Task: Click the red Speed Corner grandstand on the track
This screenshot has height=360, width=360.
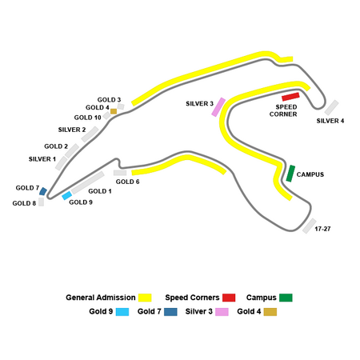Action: tap(290, 97)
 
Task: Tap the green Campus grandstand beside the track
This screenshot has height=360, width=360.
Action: tap(290, 174)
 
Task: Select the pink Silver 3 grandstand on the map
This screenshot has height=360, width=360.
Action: tap(218, 107)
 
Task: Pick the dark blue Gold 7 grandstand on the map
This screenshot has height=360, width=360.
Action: tap(43, 191)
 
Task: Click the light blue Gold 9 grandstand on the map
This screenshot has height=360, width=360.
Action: tap(66, 195)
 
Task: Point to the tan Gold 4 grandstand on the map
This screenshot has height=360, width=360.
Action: tap(114, 111)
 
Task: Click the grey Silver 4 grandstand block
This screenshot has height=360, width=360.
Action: tap(331, 107)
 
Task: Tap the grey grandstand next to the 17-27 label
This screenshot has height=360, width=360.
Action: tap(310, 226)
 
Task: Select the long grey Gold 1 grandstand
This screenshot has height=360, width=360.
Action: tap(87, 182)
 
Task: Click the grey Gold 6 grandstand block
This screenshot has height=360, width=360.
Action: tap(120, 173)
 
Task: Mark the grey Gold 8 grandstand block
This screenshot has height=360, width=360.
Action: tap(41, 202)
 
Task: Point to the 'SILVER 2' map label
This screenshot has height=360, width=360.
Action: tap(72, 130)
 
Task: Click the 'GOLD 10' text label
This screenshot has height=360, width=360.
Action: tap(88, 118)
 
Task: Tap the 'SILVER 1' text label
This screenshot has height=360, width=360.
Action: tap(42, 159)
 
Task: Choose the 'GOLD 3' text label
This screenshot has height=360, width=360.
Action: tap(109, 100)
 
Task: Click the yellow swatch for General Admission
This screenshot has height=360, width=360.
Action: tap(145, 298)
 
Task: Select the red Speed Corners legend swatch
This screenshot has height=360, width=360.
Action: tap(229, 298)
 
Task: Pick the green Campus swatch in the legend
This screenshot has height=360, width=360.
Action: tap(286, 298)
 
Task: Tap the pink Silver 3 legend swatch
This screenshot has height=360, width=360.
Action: tap(222, 312)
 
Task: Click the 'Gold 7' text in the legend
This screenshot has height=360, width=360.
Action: tap(150, 311)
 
